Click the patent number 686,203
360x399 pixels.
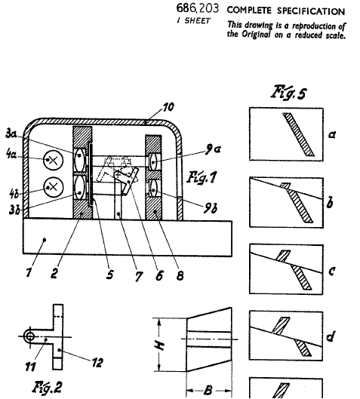198,8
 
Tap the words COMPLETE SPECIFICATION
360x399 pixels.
286,11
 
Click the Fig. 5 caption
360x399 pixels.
289,92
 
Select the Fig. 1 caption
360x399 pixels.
202,177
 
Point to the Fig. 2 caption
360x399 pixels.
48,387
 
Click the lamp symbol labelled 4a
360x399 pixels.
53,161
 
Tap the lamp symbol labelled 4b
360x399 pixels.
54,187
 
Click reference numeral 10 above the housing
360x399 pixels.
168,107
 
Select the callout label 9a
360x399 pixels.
213,149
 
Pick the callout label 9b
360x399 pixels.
211,208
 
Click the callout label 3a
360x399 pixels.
11,134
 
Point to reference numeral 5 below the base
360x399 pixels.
109,275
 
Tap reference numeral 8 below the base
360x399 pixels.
180,275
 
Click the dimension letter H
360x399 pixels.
160,345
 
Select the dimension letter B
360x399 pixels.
208,390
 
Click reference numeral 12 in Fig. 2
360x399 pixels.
97,363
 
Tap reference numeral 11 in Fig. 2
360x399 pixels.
30,367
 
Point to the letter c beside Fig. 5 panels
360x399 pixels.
331,271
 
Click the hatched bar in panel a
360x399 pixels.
299,134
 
